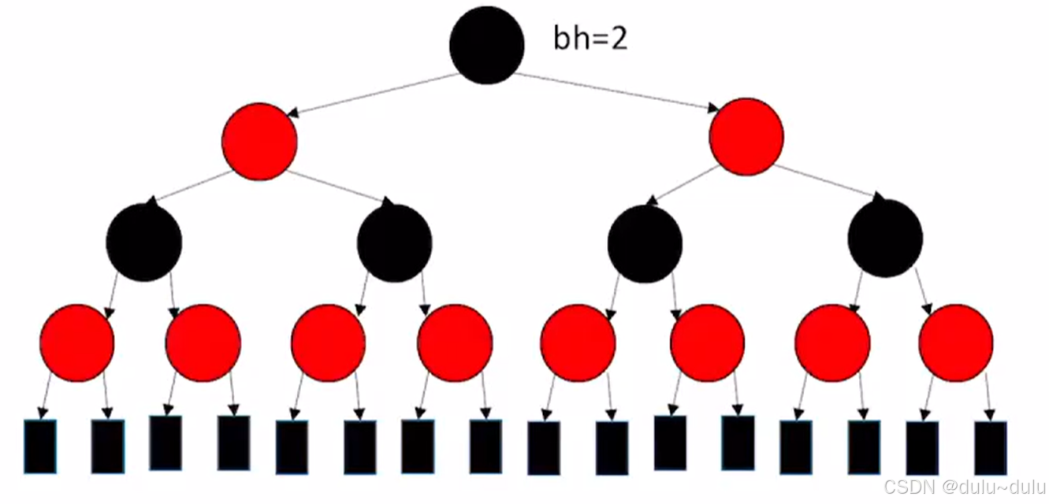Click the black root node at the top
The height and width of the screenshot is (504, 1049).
(x=486, y=45)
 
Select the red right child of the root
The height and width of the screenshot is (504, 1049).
(x=746, y=136)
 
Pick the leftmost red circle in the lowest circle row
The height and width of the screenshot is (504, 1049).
(x=76, y=343)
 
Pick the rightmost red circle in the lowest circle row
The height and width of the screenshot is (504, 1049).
(x=956, y=343)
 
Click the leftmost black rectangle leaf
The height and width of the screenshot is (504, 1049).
(x=40, y=447)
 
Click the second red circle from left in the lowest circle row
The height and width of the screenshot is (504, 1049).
(x=203, y=343)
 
